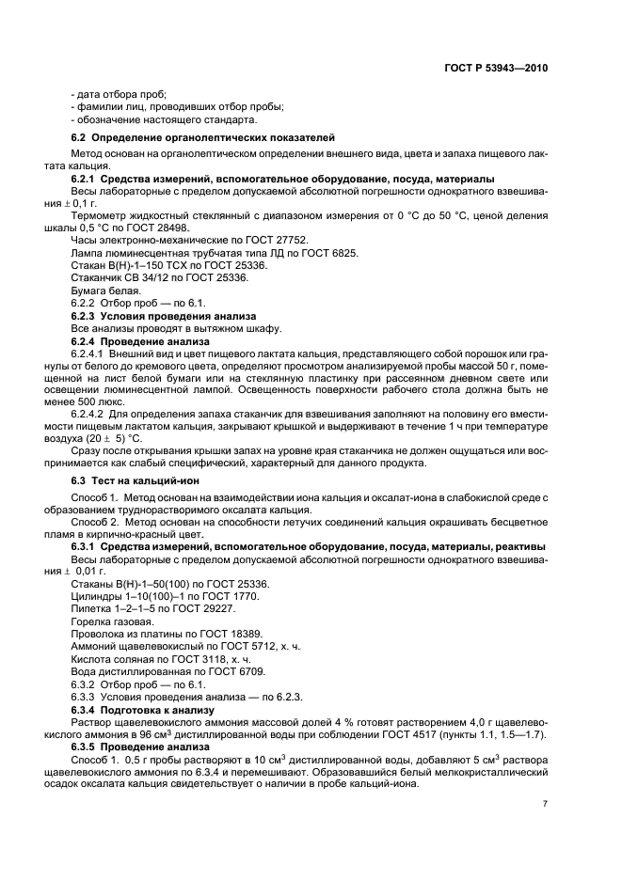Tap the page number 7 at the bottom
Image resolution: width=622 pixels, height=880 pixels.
point(545,804)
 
